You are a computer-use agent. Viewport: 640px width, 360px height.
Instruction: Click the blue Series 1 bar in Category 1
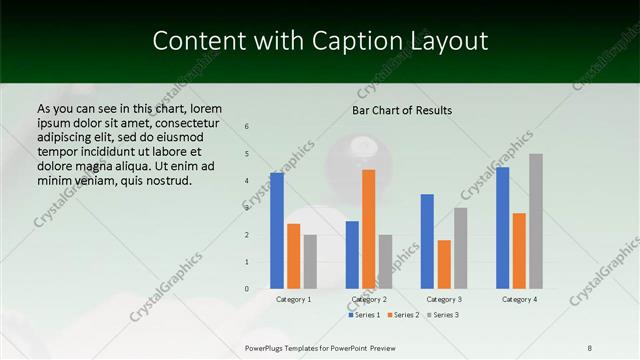tap(277, 231)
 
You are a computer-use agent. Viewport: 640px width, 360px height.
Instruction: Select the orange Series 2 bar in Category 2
tap(368, 229)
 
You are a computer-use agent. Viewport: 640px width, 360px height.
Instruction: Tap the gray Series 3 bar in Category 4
tap(536, 221)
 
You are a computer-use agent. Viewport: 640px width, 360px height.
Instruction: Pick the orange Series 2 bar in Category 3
tap(444, 264)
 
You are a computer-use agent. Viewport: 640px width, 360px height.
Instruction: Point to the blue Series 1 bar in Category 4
tap(502, 228)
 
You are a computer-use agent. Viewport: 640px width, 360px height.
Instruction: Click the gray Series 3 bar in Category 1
tap(310, 261)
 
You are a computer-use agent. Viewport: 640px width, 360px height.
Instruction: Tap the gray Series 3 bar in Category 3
tap(460, 248)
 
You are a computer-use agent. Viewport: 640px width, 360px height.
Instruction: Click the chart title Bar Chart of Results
tap(402, 110)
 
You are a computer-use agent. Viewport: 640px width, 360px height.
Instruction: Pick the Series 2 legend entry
tap(402, 315)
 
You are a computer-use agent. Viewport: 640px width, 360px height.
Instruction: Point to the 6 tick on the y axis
tap(247, 127)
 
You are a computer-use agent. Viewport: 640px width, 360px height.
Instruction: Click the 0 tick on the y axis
tap(247, 288)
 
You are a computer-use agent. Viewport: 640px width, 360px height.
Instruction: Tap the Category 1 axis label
tap(293, 299)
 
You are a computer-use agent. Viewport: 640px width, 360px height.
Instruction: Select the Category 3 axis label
tap(443, 299)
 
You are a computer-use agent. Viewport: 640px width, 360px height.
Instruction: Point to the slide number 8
tap(589, 347)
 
